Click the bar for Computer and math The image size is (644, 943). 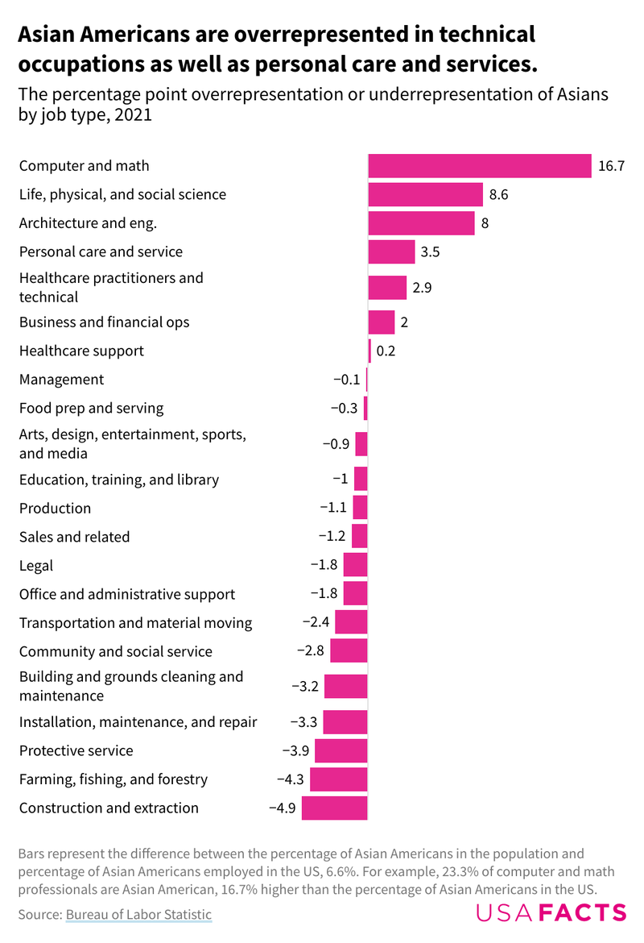(x=480, y=166)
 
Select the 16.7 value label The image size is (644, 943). (x=611, y=167)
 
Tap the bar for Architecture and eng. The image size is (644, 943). (x=421, y=223)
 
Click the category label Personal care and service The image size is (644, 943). (x=101, y=251)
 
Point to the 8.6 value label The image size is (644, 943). (x=498, y=194)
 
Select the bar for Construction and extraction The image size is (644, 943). (x=334, y=808)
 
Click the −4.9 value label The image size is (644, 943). (x=282, y=808)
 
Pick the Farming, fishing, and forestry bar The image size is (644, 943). (x=338, y=779)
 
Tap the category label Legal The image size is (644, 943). (x=36, y=565)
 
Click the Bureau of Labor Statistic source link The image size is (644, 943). (x=138, y=914)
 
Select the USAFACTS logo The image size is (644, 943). (x=551, y=912)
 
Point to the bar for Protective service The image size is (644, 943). (x=341, y=750)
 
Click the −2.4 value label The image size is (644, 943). (x=315, y=622)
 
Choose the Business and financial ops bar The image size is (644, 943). (x=382, y=322)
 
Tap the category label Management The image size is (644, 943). (x=61, y=379)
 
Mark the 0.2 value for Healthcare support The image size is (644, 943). (x=386, y=351)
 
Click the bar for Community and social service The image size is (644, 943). (x=349, y=651)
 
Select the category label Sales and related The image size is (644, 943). (x=74, y=537)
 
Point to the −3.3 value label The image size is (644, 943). (x=303, y=722)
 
